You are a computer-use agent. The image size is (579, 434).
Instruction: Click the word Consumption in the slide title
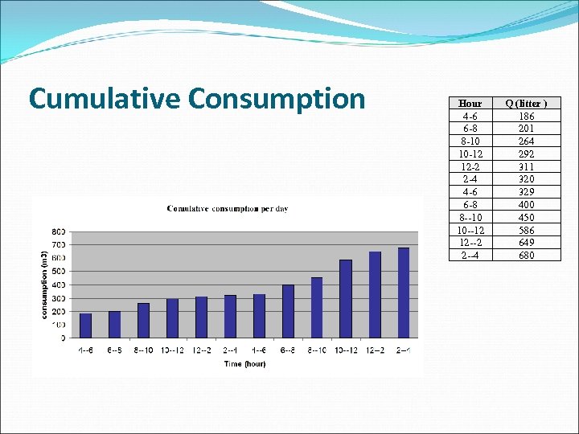pyautogui.click(x=277, y=98)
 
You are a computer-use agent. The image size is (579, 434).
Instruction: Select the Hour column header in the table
pyautogui.click(x=470, y=104)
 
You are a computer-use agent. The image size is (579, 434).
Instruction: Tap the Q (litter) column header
pyautogui.click(x=527, y=104)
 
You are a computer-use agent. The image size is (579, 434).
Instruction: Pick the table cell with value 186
pyautogui.click(x=527, y=116)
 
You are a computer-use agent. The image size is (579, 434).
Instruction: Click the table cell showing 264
pyautogui.click(x=527, y=141)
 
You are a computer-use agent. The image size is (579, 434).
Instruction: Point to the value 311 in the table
pyautogui.click(x=527, y=166)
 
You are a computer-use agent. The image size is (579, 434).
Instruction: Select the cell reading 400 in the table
pyautogui.click(x=527, y=205)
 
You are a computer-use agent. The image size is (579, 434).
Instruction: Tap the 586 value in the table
pyautogui.click(x=527, y=230)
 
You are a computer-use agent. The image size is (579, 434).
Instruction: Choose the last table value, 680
pyautogui.click(x=527, y=256)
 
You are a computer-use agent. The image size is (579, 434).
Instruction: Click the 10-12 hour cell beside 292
pyautogui.click(x=470, y=154)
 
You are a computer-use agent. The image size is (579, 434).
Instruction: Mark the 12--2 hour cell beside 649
pyautogui.click(x=470, y=243)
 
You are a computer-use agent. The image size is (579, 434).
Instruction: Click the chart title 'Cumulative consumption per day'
pyautogui.click(x=228, y=209)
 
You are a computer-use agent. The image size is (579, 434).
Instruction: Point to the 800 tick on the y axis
pyautogui.click(x=59, y=231)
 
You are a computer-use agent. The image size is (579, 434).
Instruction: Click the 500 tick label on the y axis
pyautogui.click(x=59, y=272)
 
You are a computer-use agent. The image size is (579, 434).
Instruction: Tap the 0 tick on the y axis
pyautogui.click(x=63, y=338)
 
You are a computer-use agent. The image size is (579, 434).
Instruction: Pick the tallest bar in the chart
pyautogui.click(x=404, y=293)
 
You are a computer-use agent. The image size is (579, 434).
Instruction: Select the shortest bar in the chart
pyautogui.click(x=85, y=325)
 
